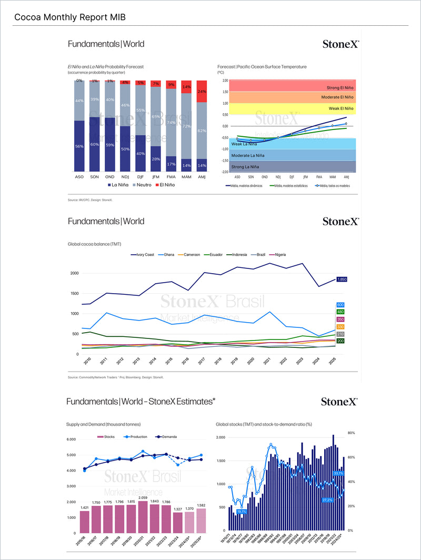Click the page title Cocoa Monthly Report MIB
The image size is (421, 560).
70,17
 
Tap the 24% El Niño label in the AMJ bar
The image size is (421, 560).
202,91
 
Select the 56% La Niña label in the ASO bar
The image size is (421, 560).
79,146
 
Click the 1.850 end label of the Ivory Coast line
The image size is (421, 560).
341,279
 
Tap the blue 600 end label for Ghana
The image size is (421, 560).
340,305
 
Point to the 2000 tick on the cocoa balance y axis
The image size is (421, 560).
74,273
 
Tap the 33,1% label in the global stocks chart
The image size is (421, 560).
338,474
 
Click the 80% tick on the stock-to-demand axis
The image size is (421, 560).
352,433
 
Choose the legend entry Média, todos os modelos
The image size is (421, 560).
332,185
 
